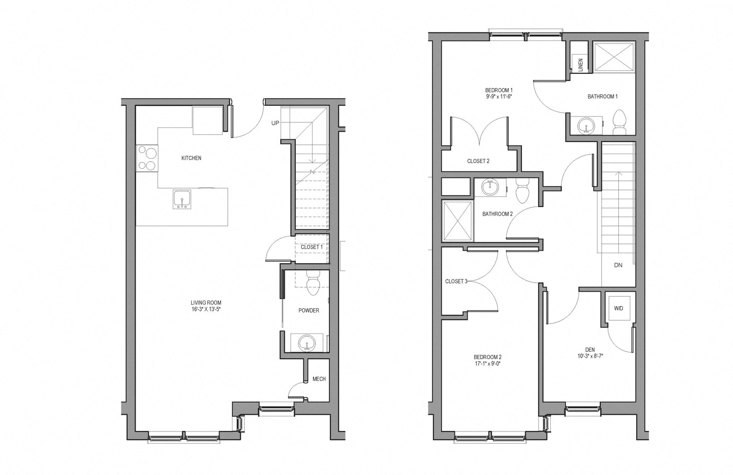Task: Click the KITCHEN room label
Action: tap(191, 158)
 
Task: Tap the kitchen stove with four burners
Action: tap(147, 158)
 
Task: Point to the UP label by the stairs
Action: tap(275, 123)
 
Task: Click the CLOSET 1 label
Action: tap(312, 246)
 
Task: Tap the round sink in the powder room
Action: tap(307, 343)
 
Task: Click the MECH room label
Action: tap(319, 379)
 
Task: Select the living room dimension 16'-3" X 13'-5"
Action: tap(206, 309)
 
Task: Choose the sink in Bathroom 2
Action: tap(491, 187)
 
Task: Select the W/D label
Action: tap(618, 308)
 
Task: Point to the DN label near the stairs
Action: tap(618, 265)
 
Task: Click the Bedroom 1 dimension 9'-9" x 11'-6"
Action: tap(498, 96)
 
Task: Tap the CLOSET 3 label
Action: tap(456, 282)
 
